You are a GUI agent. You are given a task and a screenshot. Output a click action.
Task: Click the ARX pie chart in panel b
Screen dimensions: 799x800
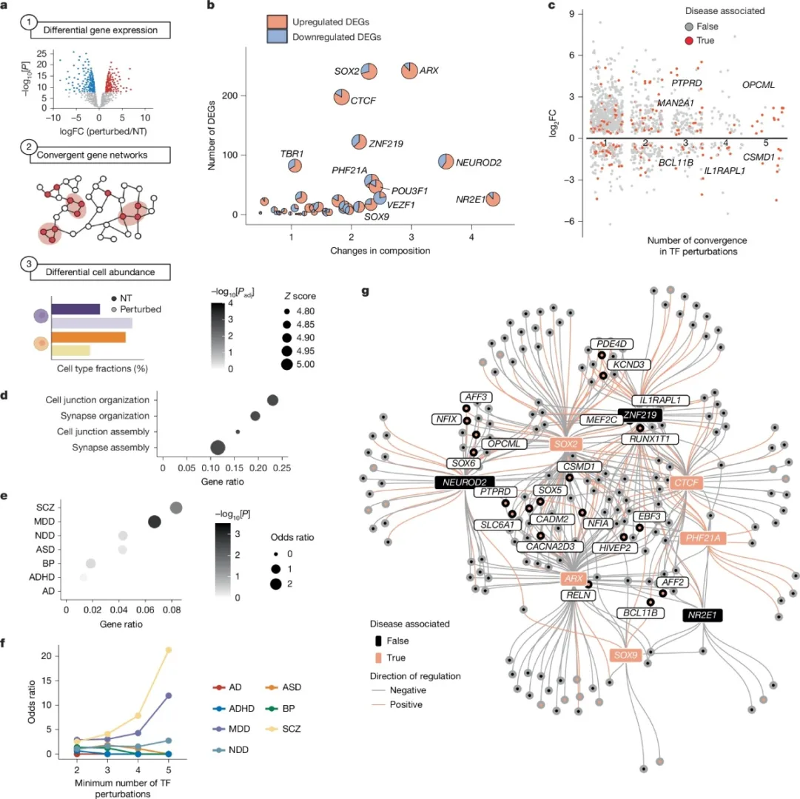point(411,71)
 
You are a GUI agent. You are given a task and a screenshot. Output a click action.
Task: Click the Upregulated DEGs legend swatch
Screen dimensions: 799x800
point(277,21)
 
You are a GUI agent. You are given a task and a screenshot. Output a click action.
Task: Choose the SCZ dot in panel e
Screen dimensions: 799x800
point(176,508)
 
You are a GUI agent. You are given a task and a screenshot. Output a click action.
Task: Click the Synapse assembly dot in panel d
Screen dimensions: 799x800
point(218,447)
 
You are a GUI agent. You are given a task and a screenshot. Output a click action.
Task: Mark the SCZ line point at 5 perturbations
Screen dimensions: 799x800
point(169,650)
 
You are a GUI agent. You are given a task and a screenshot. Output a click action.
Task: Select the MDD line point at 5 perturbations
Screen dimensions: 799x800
point(169,695)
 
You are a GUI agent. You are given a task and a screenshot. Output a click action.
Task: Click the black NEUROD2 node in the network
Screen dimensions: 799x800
point(464,482)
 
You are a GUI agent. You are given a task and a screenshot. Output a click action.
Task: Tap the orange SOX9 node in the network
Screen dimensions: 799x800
point(625,655)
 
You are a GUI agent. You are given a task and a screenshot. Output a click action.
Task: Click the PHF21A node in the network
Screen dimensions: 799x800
point(703,538)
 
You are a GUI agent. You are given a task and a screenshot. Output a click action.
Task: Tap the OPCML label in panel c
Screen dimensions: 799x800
point(758,85)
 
